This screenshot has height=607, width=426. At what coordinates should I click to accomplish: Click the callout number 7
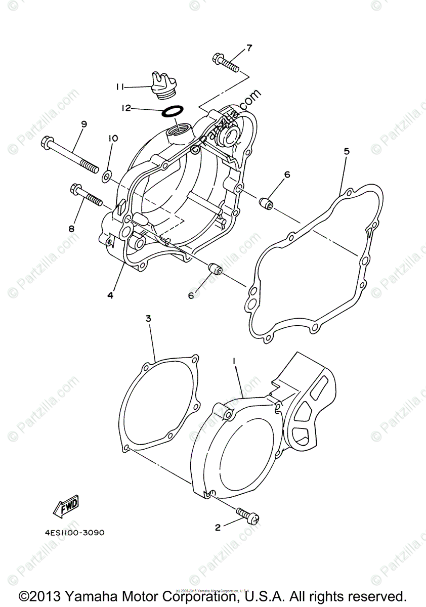tap(248, 49)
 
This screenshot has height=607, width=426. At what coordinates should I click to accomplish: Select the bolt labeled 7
tap(225, 62)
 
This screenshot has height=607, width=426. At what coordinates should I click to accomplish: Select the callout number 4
tap(110, 294)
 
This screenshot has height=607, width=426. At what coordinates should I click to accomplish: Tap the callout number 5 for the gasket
tap(346, 151)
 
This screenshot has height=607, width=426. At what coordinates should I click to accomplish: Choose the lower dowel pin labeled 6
tap(215, 269)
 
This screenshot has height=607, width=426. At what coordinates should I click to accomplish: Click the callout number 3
tap(148, 318)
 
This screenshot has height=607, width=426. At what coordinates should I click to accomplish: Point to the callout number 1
tap(234, 361)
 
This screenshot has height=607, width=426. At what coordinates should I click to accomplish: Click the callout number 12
tap(126, 108)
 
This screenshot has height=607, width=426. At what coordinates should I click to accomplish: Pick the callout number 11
tap(120, 87)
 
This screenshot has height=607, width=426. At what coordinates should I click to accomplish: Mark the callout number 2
tap(218, 528)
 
